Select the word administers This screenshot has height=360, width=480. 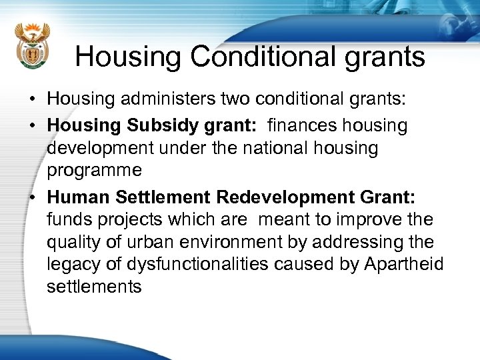[172, 100]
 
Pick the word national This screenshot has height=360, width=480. [266, 148]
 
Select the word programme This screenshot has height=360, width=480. [94, 171]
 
